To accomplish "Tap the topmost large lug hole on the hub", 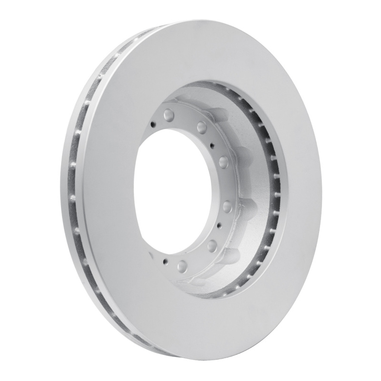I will click(x=168, y=115).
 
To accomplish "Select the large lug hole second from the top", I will click(x=201, y=127).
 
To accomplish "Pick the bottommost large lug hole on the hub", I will click(x=181, y=265).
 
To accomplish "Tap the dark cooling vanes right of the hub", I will click(x=271, y=190).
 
